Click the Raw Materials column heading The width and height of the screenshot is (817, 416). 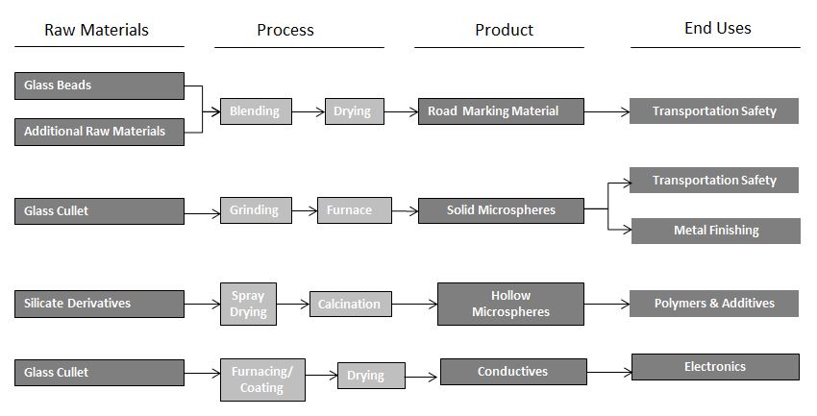97,30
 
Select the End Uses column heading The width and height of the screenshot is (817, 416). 717,28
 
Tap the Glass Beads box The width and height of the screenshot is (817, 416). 99,86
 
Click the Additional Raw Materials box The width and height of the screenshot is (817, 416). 99,132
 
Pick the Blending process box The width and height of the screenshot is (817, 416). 255,111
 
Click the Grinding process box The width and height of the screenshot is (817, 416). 255,209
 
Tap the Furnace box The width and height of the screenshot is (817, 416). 354,210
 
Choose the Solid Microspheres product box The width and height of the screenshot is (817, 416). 501,210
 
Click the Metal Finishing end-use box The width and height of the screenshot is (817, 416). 715,231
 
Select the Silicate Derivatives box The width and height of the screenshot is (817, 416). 99,304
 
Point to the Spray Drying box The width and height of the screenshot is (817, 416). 248,303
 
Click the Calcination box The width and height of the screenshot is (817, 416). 350,305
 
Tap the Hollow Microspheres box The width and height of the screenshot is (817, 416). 510,304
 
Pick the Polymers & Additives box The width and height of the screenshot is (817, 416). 714,304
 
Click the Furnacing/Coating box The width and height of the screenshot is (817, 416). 262,379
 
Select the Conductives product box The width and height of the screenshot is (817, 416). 513,372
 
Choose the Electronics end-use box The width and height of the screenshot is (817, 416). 714,367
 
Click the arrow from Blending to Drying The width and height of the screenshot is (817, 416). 308,112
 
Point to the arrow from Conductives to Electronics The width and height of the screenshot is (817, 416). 608,370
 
